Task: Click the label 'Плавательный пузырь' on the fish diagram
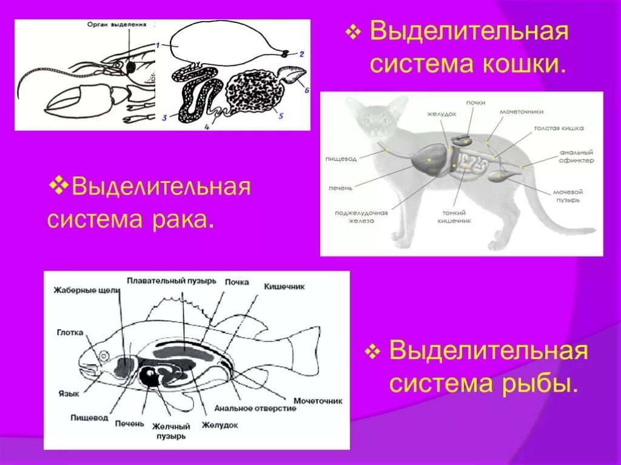click(x=172, y=281)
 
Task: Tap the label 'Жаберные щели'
click(x=87, y=290)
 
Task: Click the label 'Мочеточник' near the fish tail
click(x=318, y=400)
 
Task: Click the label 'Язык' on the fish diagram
click(x=70, y=394)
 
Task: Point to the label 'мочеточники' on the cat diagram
click(x=522, y=112)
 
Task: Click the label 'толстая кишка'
click(x=559, y=128)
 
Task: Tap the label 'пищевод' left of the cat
click(x=341, y=158)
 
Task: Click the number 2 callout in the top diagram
click(x=301, y=53)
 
